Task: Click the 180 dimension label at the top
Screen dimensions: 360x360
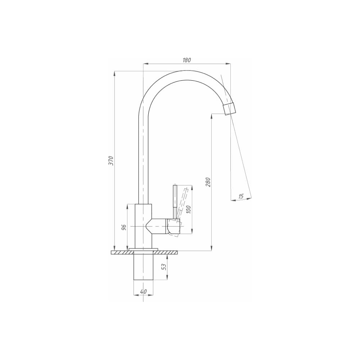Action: click(186, 60)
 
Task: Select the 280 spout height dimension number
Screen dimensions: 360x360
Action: click(208, 182)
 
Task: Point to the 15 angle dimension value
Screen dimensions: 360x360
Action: click(241, 197)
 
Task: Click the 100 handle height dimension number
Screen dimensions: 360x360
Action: click(189, 210)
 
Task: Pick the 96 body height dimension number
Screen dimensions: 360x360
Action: click(124, 227)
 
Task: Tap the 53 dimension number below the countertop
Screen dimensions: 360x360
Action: click(164, 266)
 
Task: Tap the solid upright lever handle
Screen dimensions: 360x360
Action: click(175, 202)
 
